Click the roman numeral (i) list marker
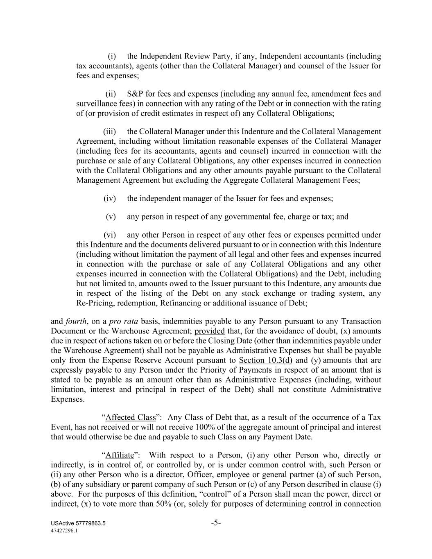click(112, 56)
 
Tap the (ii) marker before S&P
click(111, 94)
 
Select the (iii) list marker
click(110, 131)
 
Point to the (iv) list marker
click(110, 199)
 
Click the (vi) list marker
click(110, 235)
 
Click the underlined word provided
click(210, 331)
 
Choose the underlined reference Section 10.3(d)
click(265, 361)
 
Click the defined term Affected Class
click(131, 418)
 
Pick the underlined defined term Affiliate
click(120, 455)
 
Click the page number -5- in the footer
click(216, 523)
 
